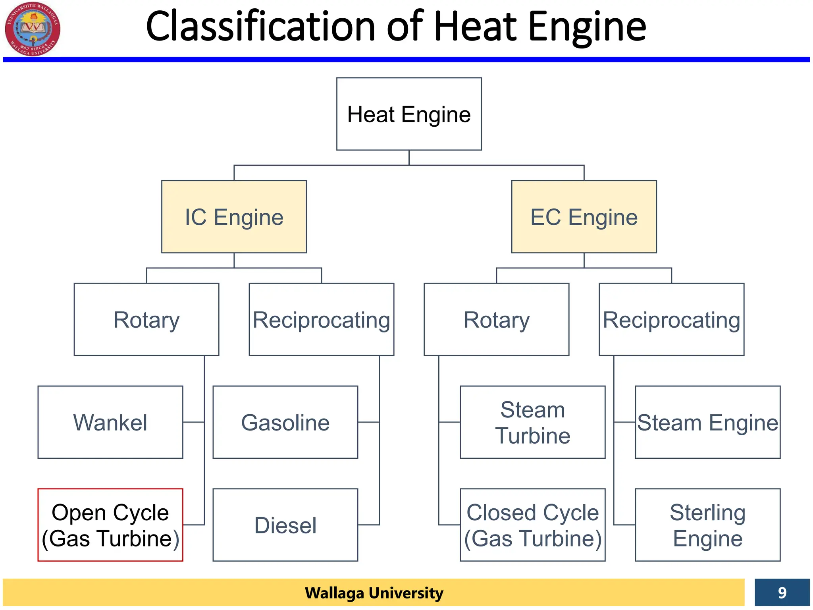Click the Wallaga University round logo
tap(33, 29)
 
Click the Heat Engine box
tap(409, 114)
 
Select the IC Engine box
tap(234, 217)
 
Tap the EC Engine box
tap(584, 217)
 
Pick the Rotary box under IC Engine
tap(146, 319)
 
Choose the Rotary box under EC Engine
tap(496, 319)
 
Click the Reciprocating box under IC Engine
tap(321, 319)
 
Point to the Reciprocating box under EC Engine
tap(671, 319)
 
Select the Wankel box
tap(110, 422)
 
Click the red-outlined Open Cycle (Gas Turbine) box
tap(110, 525)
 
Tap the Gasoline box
tap(285, 422)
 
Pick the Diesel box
tap(285, 525)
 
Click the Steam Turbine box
tap(532, 422)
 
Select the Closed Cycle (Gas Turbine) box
tap(532, 525)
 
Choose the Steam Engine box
tap(707, 422)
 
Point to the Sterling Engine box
tap(707, 525)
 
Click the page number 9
tap(782, 593)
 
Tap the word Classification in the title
tap(260, 27)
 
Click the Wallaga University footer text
tap(374, 593)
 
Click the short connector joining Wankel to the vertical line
tap(194, 422)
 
